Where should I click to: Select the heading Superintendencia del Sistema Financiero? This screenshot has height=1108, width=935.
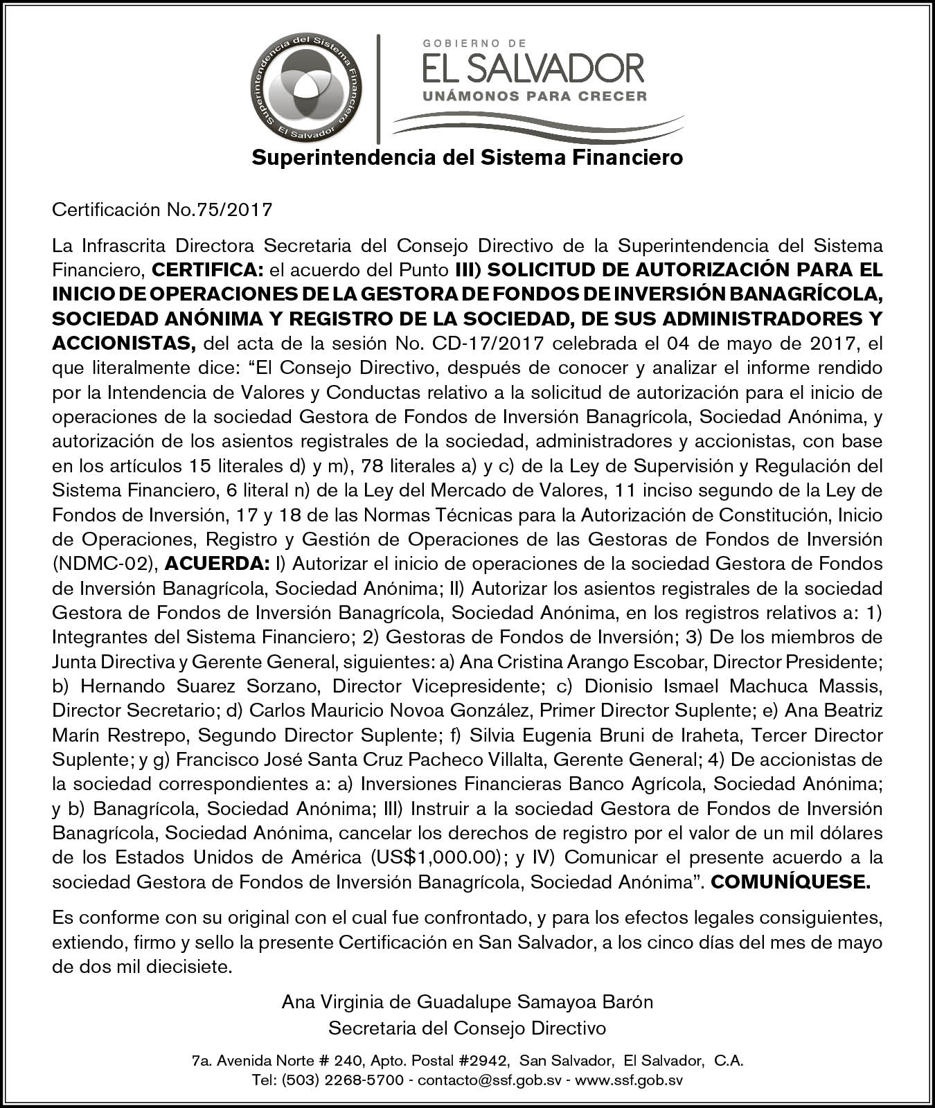[467, 158]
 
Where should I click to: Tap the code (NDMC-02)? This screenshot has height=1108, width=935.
[104, 564]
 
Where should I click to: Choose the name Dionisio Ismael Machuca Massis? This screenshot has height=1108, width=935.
[733, 686]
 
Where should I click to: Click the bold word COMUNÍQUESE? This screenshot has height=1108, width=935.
[790, 882]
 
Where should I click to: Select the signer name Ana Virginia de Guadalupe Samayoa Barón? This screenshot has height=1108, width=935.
[467, 1001]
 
